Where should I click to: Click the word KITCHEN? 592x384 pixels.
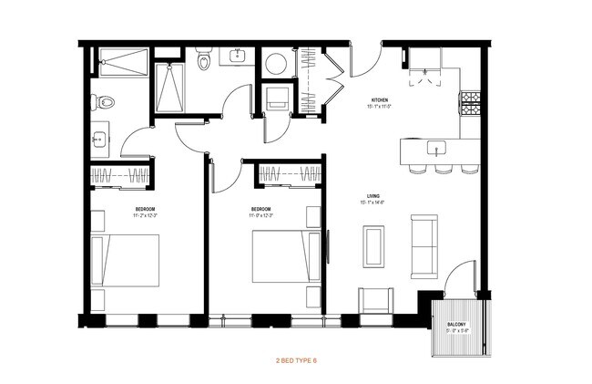click(x=380, y=99)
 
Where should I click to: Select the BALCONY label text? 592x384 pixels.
click(x=456, y=325)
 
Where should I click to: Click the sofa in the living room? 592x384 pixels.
click(x=425, y=245)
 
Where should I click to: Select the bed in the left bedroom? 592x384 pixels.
click(x=125, y=261)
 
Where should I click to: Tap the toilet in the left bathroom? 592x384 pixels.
click(x=105, y=101)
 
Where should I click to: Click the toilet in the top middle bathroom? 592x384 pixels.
click(x=203, y=60)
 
